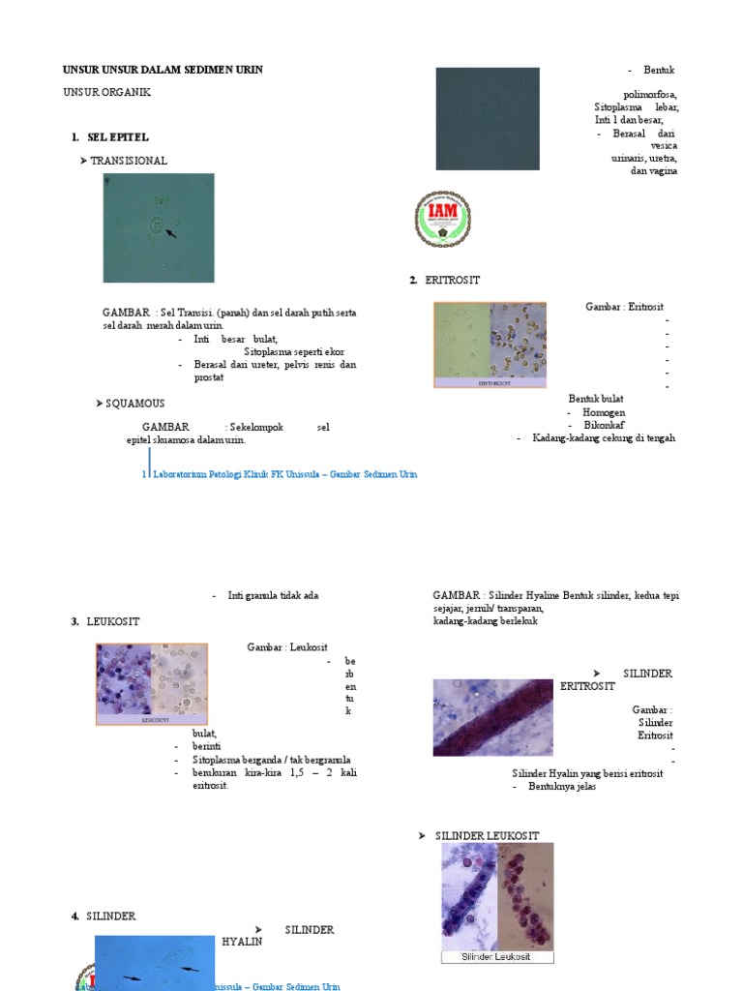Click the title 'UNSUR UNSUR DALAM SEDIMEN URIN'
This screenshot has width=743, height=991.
click(163, 70)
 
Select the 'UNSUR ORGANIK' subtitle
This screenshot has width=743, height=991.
click(106, 92)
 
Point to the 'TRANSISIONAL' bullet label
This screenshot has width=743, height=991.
click(128, 161)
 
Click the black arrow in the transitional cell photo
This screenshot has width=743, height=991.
click(171, 233)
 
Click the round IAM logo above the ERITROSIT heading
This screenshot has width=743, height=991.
click(442, 219)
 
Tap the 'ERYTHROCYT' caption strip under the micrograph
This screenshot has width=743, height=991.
click(490, 383)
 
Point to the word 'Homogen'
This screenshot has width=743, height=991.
click(603, 412)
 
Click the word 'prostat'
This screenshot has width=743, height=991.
click(209, 377)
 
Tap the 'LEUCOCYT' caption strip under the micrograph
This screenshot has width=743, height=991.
click(151, 720)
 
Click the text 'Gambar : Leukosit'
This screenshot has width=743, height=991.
click(287, 647)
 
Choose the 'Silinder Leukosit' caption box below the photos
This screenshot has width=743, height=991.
click(497, 957)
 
